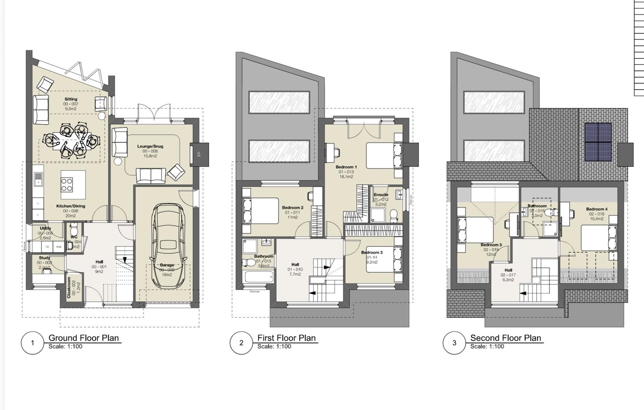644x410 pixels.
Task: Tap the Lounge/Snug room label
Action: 150,146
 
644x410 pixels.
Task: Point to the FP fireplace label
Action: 199,154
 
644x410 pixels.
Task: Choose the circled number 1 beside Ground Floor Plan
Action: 32,343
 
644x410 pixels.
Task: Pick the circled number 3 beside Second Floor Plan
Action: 454,343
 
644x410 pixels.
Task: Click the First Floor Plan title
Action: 286,338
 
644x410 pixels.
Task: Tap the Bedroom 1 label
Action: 346,167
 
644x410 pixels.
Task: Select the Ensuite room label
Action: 381,195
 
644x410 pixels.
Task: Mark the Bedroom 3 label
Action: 372,252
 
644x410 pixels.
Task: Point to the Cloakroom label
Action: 69,288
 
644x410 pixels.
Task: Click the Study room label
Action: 44,258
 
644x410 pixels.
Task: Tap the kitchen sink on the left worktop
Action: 38,179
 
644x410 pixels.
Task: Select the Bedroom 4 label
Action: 597,209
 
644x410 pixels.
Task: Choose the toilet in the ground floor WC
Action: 74,230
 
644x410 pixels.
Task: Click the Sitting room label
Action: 71,99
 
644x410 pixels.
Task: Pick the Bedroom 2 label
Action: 292,208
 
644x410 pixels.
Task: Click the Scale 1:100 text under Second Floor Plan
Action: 487,346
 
